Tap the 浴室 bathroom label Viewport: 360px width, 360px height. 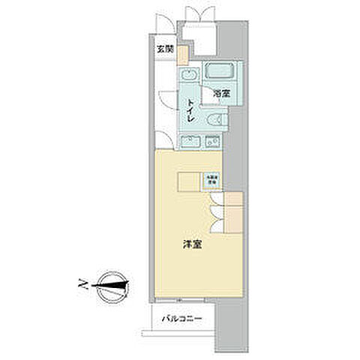[220, 94]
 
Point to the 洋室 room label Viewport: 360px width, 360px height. [192, 244]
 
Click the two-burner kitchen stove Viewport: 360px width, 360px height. [213, 140]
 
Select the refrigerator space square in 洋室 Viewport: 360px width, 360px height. [212, 180]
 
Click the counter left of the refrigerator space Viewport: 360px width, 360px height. [189, 180]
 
